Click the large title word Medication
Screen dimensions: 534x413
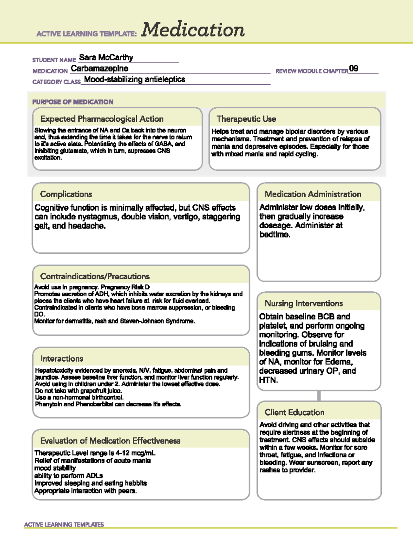(193, 30)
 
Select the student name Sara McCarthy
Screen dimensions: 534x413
(106, 57)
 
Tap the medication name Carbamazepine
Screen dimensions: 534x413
(99, 68)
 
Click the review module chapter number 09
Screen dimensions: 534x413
(353, 68)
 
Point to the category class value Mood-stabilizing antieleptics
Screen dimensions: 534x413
(135, 79)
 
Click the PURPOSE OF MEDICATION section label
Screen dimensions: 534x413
(73, 102)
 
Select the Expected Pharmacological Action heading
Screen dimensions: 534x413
(102, 119)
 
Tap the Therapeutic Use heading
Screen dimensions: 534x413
(246, 119)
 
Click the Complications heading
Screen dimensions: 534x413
(66, 194)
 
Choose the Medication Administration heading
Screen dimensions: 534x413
(313, 194)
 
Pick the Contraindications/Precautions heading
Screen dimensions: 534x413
(95, 276)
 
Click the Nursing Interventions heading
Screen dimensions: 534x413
(304, 304)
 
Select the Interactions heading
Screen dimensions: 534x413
(62, 359)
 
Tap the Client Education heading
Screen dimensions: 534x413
(294, 412)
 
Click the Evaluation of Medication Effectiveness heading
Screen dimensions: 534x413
(110, 441)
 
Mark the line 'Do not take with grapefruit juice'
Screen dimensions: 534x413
(78, 391)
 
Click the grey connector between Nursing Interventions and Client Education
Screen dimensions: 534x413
(319, 396)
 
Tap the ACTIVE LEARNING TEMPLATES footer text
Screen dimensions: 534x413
(64, 524)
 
